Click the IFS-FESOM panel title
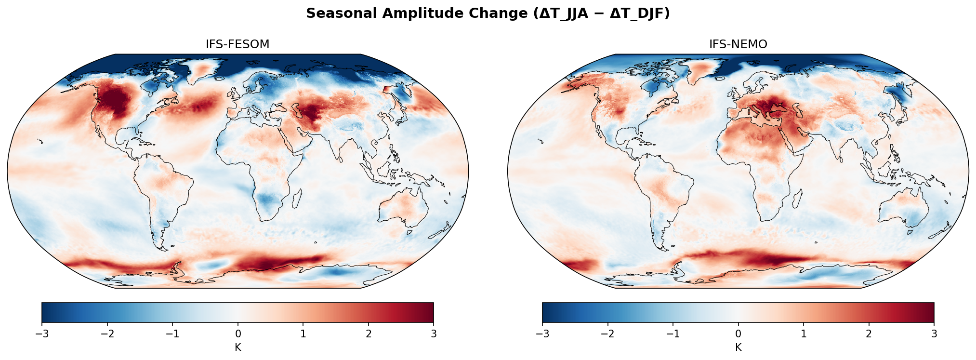[237, 44]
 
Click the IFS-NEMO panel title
[738, 44]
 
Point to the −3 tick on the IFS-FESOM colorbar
[42, 334]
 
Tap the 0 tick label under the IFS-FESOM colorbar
[238, 334]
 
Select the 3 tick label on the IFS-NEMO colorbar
[934, 334]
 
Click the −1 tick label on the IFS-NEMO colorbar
[673, 334]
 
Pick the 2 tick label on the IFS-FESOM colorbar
[369, 334]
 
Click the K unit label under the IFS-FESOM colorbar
[238, 347]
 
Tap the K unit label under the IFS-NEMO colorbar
[738, 347]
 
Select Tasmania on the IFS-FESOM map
[409, 232]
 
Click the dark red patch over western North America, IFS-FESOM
[116, 99]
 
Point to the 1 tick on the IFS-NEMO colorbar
[804, 334]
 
